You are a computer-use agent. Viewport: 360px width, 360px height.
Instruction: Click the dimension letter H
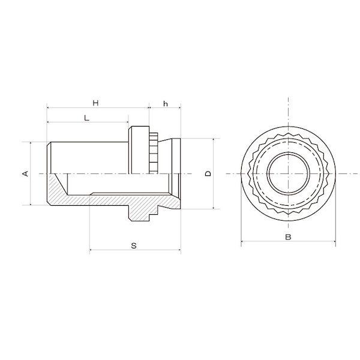[x=95, y=103]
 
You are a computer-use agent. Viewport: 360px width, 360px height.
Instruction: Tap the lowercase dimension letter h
[x=166, y=104]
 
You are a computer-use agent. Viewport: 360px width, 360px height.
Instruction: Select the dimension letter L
[x=86, y=118]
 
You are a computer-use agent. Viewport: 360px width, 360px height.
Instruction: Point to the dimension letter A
[x=25, y=173]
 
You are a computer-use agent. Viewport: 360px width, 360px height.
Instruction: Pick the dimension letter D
[x=208, y=173]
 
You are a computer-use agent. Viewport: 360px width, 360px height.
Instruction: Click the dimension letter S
[x=134, y=245]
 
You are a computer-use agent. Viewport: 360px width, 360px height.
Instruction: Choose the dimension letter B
[x=288, y=237]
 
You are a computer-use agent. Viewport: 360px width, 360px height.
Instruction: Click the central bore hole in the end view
[x=289, y=173]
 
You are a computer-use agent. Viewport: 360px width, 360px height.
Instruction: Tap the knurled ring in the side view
[x=154, y=153]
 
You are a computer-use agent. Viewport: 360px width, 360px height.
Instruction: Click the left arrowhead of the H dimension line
[x=48, y=107]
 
